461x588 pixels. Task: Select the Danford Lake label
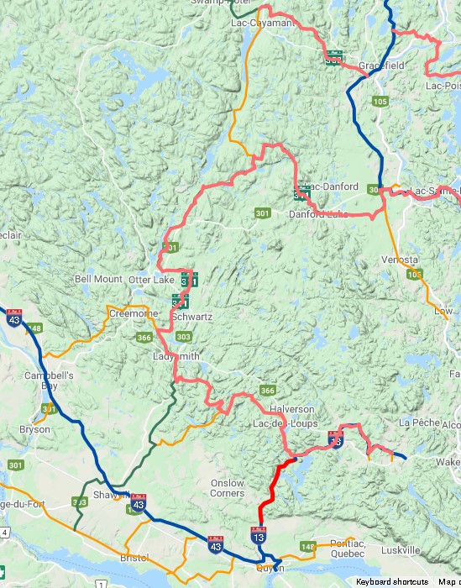(317, 214)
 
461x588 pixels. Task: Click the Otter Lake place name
(149, 279)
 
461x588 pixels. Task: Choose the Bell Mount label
(98, 279)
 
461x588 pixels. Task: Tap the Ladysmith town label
(176, 356)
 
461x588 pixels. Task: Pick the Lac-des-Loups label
(286, 424)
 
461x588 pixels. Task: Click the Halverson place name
(292, 409)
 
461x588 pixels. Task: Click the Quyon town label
(268, 568)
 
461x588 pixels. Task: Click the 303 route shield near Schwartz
(183, 337)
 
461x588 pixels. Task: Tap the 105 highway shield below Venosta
(413, 275)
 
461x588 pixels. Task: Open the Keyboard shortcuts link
(392, 581)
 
